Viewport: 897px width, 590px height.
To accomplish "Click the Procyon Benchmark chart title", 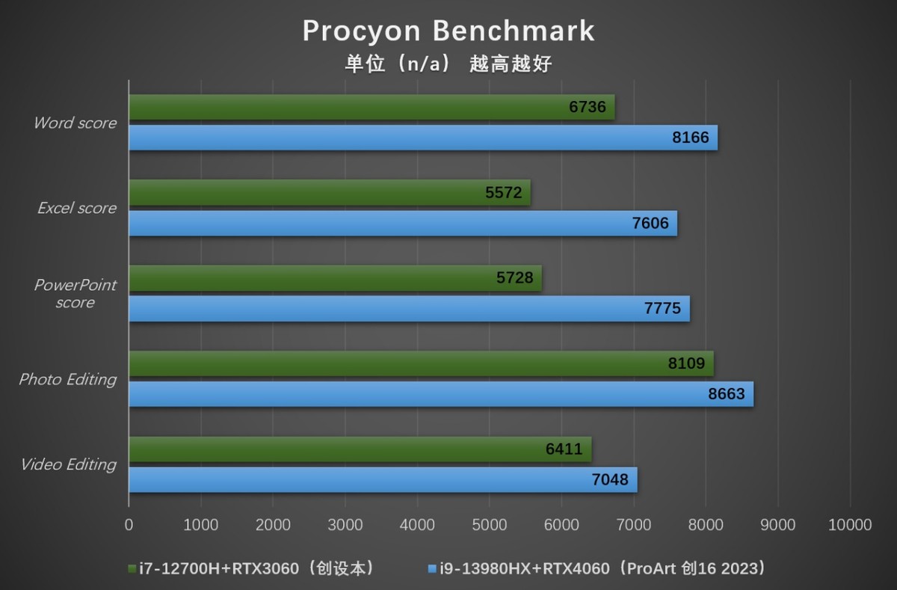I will click(x=449, y=31).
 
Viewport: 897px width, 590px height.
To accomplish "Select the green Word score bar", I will click(x=372, y=107).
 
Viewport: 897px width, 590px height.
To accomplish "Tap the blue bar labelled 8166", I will click(x=423, y=138).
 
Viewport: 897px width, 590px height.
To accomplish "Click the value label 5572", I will click(x=504, y=193).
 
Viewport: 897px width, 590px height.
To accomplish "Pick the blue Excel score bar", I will click(x=403, y=224).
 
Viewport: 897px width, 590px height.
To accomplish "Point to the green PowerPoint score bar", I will click(x=335, y=278).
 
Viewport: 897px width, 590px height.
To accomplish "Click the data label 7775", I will click(x=662, y=309).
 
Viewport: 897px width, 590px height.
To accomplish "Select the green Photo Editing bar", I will click(x=421, y=364).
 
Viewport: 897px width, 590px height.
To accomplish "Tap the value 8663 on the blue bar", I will click(x=727, y=394).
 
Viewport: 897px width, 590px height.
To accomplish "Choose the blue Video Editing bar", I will click(x=383, y=479).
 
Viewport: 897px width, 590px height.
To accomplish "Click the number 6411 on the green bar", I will click(x=564, y=449).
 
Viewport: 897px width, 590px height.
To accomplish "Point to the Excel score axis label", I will click(x=77, y=208).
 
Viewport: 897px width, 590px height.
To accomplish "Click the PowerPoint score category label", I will click(x=75, y=293).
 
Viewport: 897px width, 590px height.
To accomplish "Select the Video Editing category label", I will click(x=69, y=464).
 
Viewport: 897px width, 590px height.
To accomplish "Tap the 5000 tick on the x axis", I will click(x=490, y=525).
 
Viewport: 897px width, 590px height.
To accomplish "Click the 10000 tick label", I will click(x=850, y=525).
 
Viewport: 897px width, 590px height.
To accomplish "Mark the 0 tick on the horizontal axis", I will click(x=129, y=525).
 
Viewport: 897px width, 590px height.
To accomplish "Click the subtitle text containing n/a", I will click(x=449, y=64).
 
